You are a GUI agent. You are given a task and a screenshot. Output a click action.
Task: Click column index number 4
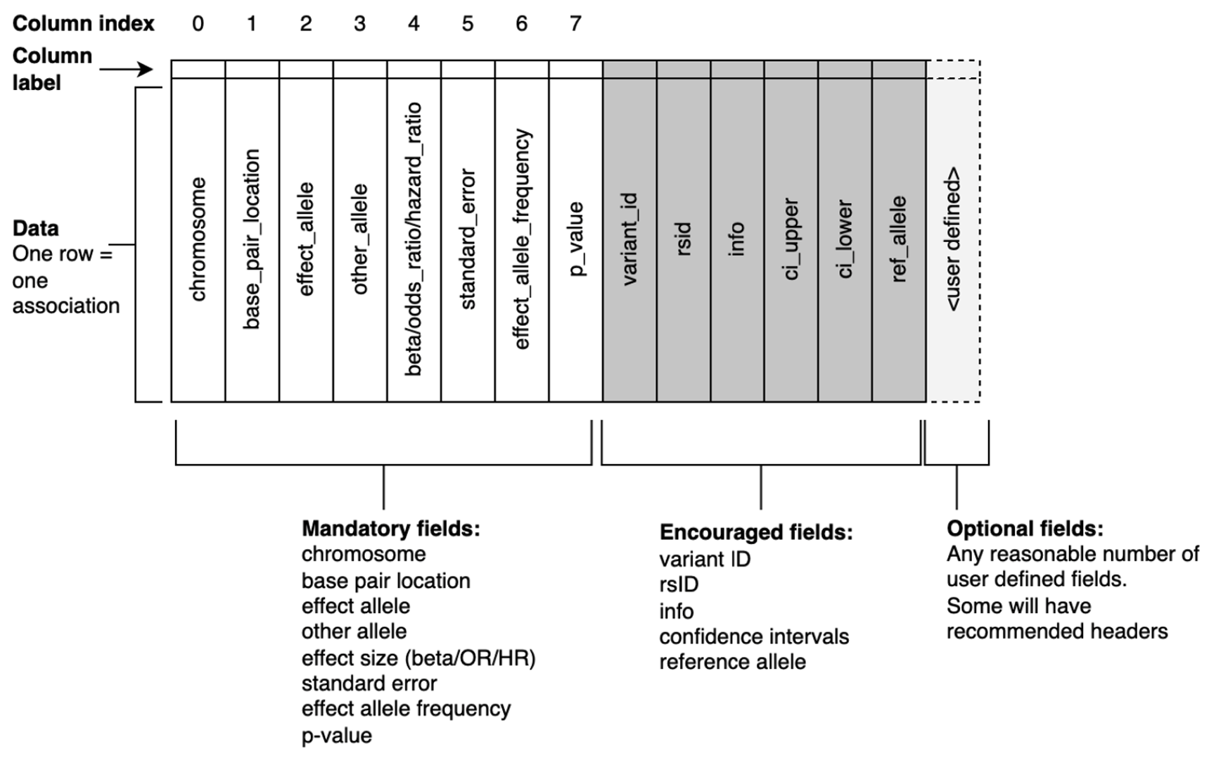point(414,24)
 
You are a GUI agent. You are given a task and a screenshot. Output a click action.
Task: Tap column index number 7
point(575,24)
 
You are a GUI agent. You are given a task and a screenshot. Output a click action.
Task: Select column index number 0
point(198,24)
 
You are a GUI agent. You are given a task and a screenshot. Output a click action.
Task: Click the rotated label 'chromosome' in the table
point(198,239)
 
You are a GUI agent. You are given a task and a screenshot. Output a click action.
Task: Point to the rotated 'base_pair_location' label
point(252,239)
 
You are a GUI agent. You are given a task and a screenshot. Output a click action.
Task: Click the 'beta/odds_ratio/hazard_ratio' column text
point(414,239)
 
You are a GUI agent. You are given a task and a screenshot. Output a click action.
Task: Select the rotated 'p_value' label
point(576,239)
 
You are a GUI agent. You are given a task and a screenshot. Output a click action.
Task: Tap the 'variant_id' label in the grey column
point(629,239)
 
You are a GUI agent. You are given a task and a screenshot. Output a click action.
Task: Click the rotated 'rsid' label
point(684,239)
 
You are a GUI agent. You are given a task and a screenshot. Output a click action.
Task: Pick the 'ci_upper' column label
point(791,239)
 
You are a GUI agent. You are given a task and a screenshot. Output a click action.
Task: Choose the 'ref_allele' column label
point(899,239)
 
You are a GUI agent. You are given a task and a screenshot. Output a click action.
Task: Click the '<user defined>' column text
point(953,239)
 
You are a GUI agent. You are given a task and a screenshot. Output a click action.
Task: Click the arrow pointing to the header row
point(127,69)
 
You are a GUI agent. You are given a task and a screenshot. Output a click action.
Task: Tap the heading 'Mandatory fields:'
point(391,529)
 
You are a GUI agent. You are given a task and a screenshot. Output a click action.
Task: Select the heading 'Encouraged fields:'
point(756,533)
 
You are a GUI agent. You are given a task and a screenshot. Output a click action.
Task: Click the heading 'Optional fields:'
point(1025,529)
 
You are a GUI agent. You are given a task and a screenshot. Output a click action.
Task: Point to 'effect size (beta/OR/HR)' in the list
point(418,658)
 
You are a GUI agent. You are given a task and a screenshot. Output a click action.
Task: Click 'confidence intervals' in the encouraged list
point(754,637)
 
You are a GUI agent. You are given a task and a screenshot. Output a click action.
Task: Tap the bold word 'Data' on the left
point(36,228)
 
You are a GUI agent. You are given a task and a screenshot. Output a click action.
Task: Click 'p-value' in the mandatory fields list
point(337,736)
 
